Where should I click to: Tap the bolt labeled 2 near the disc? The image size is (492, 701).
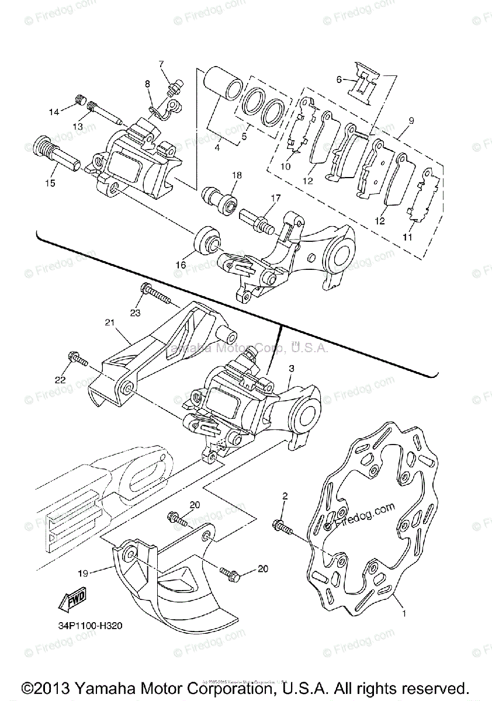(281, 525)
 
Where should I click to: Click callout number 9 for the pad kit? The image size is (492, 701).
(411, 121)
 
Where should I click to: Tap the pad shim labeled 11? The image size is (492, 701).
(425, 199)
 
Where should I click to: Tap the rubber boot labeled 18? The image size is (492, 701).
(220, 199)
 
